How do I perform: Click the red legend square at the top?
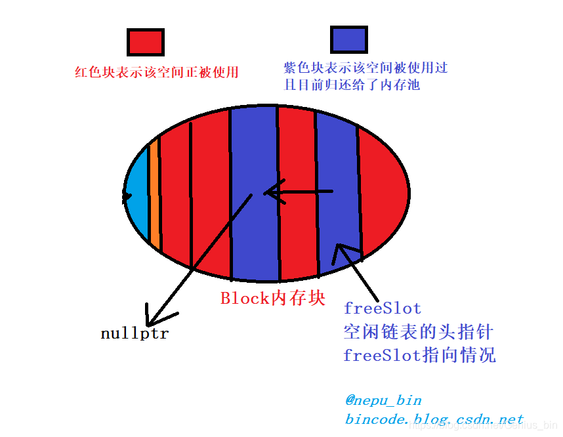pyautogui.click(x=145, y=42)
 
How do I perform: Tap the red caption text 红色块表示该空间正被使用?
pyautogui.click(x=157, y=72)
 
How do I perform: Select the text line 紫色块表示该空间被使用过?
pyautogui.click(x=365, y=68)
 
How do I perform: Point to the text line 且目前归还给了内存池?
pyautogui.click(x=352, y=85)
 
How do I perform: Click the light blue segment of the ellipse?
pyautogui.click(x=136, y=196)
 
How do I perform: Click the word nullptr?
pyautogui.click(x=135, y=333)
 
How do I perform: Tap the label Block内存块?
pyautogui.click(x=272, y=299)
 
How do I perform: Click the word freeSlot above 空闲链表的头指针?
pyautogui.click(x=382, y=308)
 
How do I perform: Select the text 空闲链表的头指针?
pyautogui.click(x=417, y=331)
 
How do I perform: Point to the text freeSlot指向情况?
pyautogui.click(x=419, y=356)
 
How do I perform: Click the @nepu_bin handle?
pyautogui.click(x=383, y=400)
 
